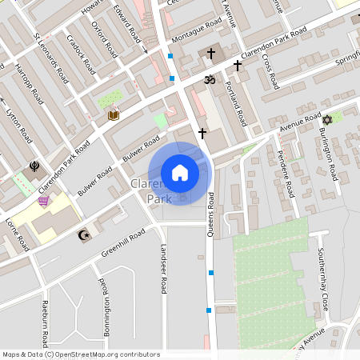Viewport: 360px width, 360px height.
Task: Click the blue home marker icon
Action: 180,173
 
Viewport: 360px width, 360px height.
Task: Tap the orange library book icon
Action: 114,116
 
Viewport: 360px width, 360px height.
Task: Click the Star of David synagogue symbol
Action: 326,120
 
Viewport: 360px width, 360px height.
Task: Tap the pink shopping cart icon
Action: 43,201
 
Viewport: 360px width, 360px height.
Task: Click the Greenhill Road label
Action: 123,243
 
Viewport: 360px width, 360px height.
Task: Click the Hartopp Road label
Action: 29,83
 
